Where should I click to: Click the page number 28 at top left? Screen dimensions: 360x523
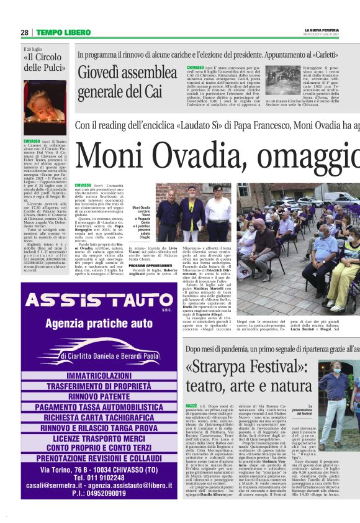[25, 32]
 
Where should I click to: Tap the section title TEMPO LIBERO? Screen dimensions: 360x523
[63, 32]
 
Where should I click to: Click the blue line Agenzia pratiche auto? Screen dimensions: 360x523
[99, 323]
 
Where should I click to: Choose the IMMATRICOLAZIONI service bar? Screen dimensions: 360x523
[99, 376]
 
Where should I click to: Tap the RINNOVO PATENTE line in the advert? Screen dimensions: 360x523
[99, 396]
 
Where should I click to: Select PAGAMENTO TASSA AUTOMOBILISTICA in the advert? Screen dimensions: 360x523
[99, 407]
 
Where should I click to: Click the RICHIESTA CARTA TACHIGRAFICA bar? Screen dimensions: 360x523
[99, 417]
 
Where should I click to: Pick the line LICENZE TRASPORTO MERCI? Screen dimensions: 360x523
[99, 439]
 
